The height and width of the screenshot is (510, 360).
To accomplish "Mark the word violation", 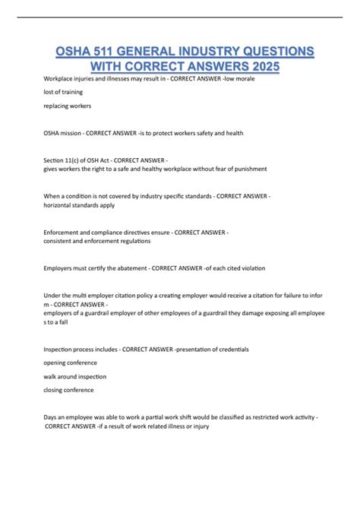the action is coord(251,267).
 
